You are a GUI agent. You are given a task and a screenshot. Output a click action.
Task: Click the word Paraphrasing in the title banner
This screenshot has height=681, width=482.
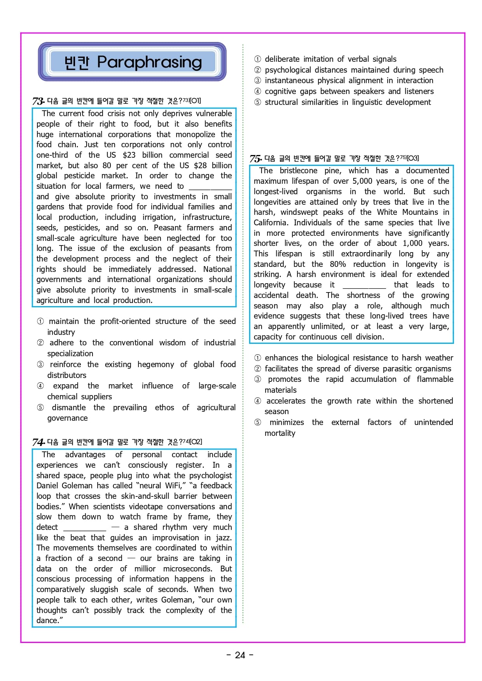pos(149,62)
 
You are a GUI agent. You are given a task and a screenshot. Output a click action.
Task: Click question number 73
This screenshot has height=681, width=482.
pos(38,101)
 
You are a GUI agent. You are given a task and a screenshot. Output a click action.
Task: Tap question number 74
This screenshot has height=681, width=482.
pos(38,442)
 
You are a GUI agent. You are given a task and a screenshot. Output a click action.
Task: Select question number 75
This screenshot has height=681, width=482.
pos(255,158)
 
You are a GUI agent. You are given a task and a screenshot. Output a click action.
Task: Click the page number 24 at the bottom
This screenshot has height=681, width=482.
pos(240,655)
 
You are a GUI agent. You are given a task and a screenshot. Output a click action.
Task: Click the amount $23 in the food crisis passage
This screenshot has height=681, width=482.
pos(129,155)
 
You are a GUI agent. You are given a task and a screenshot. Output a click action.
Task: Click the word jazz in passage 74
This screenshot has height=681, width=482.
pos(222,538)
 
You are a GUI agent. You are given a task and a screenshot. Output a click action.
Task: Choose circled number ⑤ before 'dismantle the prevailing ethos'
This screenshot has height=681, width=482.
pos(40,408)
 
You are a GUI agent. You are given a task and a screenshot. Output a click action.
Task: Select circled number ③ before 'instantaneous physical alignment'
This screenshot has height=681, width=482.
pos(258,80)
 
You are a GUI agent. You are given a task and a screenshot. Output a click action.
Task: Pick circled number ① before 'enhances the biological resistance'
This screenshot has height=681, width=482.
pos(258,358)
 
